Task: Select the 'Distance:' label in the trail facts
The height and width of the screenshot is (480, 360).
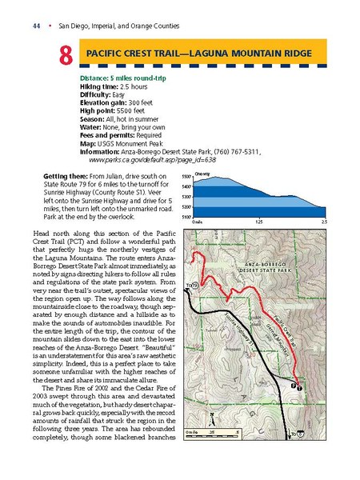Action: click(100, 78)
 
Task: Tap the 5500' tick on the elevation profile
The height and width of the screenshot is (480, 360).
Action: click(187, 176)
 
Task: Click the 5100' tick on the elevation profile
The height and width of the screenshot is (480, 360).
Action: click(187, 216)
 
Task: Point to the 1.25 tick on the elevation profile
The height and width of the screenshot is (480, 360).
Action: click(258, 222)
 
